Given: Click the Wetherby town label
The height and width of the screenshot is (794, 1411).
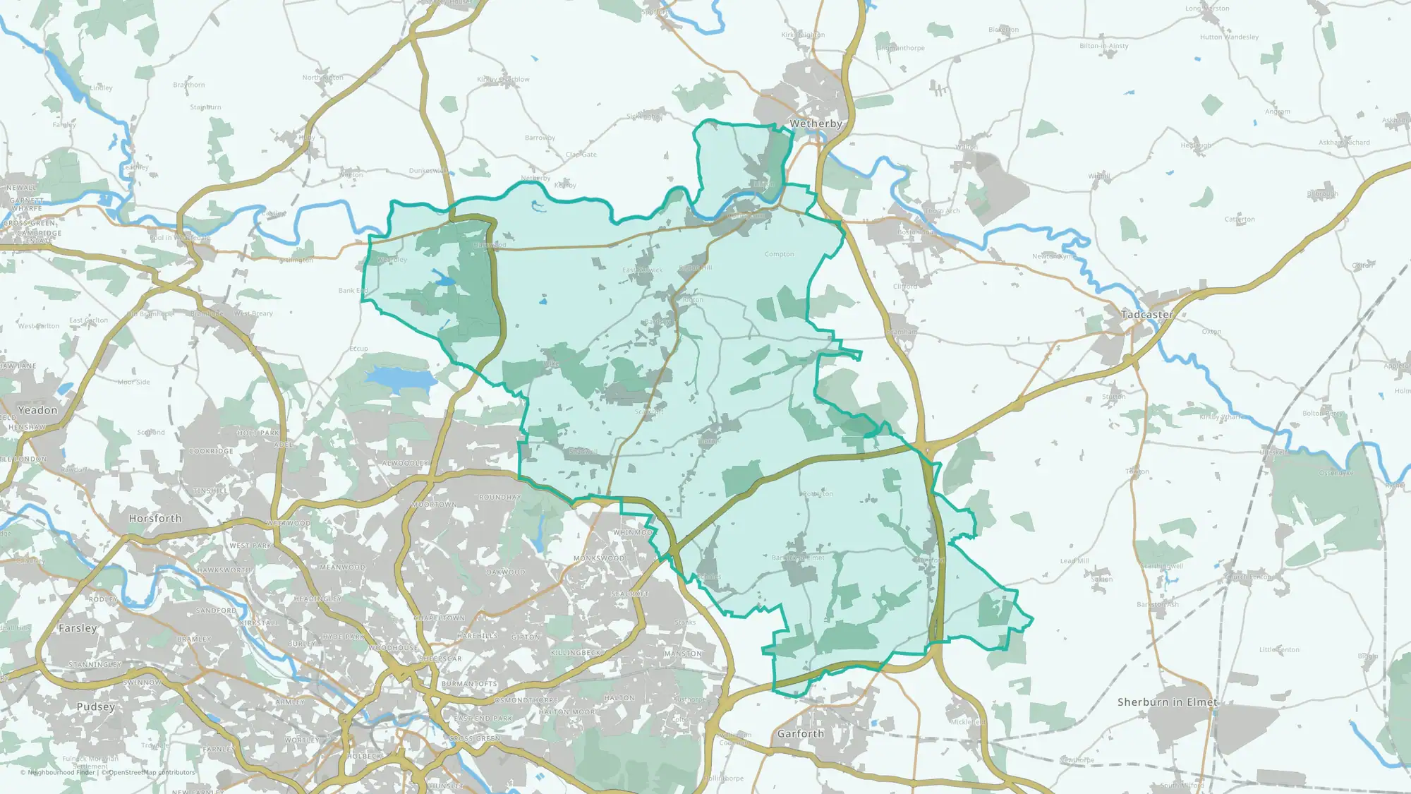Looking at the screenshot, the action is pos(816,124).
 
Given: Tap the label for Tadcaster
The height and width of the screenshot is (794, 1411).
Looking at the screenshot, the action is pos(1147,314).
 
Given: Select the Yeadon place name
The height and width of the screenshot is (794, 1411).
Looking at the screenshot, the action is pos(37,410).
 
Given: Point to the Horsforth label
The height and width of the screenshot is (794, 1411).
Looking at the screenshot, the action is pos(155,518).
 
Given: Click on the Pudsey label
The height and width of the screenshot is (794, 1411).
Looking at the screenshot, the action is pos(95,706).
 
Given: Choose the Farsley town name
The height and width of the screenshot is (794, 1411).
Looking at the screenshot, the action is pos(78,628).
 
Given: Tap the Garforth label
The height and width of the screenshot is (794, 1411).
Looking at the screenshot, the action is pos(800,734).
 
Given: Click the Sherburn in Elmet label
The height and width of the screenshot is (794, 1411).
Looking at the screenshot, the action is pos(1167,702).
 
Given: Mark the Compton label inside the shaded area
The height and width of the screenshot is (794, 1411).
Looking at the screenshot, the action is pos(779,254).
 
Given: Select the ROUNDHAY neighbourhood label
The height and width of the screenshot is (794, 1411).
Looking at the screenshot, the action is pos(499,498).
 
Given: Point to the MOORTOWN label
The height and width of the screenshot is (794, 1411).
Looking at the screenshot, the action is pos(434,505).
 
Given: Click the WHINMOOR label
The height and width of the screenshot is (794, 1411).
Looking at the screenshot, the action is pos(633,532).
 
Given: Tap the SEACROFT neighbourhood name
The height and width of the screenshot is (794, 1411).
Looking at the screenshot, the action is pos(629,594).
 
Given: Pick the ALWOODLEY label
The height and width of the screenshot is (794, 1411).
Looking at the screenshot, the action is pos(405,464).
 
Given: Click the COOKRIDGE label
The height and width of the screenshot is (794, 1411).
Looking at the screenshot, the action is pos(211,451).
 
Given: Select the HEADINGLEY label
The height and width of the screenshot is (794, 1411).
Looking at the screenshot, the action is pos(317,598).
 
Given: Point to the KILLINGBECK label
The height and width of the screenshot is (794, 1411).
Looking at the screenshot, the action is pos(576,653).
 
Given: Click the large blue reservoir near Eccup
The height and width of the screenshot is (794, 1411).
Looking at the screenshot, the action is pos(400,378).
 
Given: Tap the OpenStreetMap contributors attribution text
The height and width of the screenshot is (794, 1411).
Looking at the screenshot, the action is pos(151,772).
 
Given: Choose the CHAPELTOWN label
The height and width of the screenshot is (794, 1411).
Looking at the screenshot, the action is pos(439,618).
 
